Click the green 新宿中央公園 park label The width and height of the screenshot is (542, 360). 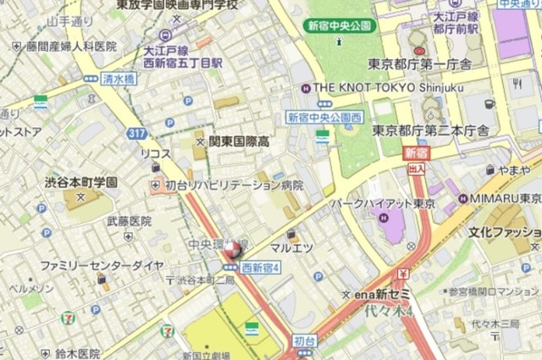click(x=339, y=25)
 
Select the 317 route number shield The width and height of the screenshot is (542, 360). click(x=137, y=133)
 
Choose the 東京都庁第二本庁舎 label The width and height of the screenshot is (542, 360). click(x=431, y=130)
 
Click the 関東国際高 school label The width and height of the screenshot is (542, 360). click(x=238, y=141)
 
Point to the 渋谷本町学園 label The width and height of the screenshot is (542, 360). click(x=81, y=183)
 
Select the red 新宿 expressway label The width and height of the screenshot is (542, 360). click(x=416, y=153)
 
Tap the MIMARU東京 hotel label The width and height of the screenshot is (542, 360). click(x=506, y=198)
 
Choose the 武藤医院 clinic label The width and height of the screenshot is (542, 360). click(x=128, y=221)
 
